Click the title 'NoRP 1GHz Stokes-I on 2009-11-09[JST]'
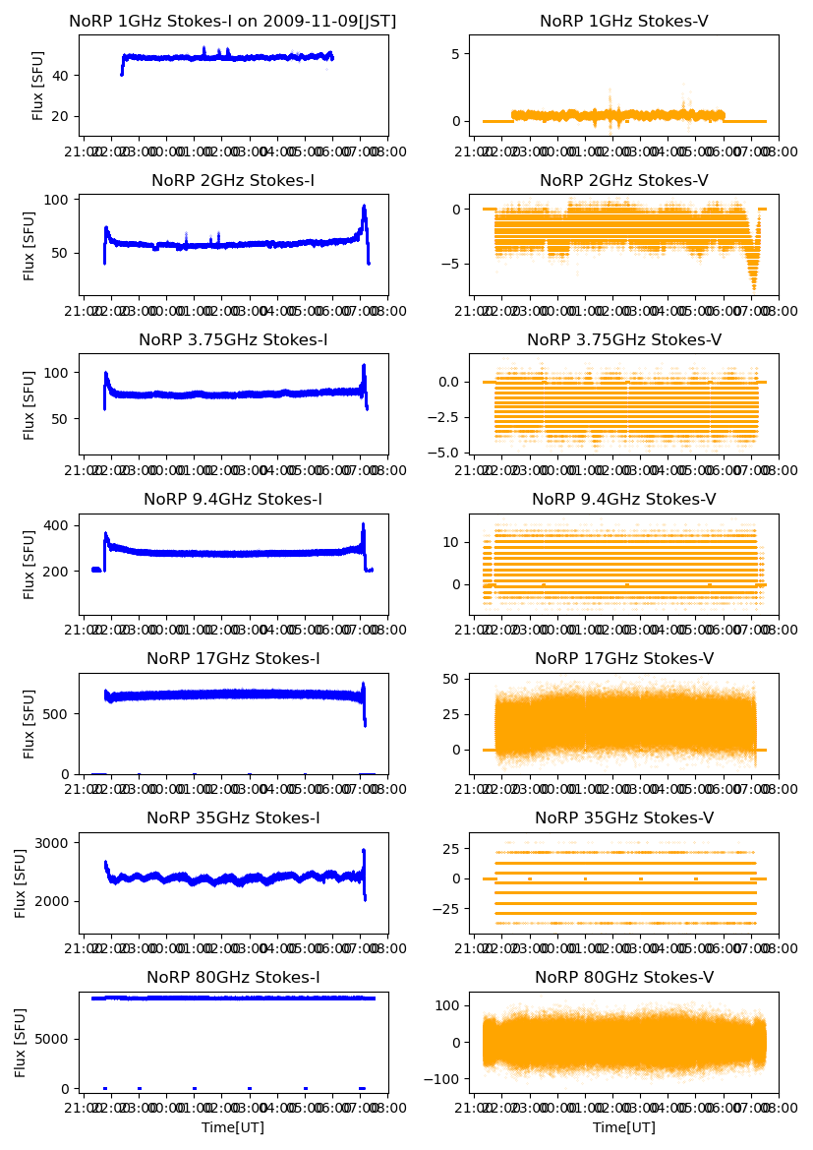[233, 22]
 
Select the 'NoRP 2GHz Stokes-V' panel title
[624, 181]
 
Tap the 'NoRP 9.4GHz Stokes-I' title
[233, 500]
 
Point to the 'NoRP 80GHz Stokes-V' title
[624, 978]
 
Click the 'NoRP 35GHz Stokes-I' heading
[233, 818]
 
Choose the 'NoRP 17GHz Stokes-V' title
[624, 659]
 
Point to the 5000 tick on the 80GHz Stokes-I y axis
[54, 1039]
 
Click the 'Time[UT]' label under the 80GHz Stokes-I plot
[233, 1127]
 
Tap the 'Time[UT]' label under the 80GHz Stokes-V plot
[624, 1127]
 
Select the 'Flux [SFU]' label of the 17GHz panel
[30, 723]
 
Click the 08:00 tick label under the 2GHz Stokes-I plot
[386, 312]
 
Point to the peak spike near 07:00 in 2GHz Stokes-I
[364, 208]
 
